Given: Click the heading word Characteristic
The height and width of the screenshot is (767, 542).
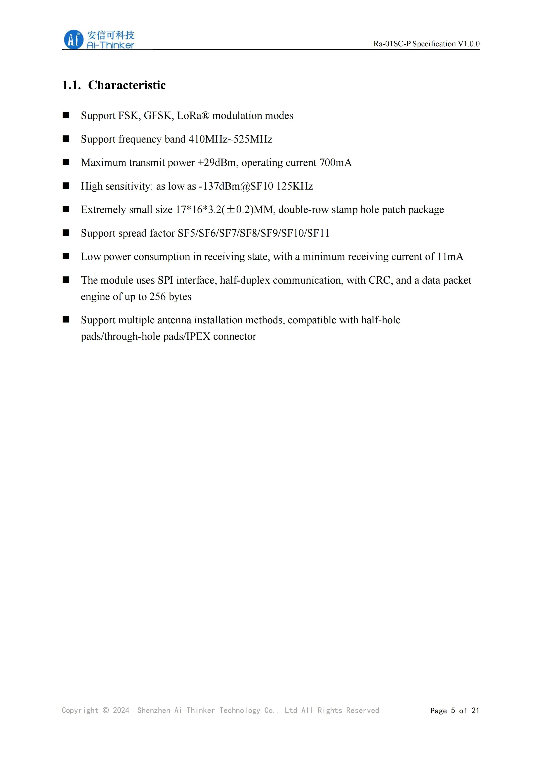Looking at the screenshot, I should pos(127,85).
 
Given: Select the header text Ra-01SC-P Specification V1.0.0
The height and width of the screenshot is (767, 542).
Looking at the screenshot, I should pos(426,44).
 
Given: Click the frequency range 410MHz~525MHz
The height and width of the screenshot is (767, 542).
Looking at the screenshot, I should pos(230,139).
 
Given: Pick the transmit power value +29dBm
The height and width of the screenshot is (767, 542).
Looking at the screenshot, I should pos(217,163).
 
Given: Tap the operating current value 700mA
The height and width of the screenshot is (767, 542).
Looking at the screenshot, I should pos(335,163).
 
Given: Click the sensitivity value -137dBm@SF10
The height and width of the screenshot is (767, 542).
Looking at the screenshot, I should pos(236,186).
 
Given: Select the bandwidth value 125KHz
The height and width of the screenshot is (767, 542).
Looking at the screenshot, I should pos(295,186).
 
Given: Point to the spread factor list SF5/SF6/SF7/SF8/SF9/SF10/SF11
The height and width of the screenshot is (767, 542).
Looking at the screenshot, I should pos(253,233).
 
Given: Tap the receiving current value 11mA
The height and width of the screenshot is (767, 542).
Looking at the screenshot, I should pos(450,256).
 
